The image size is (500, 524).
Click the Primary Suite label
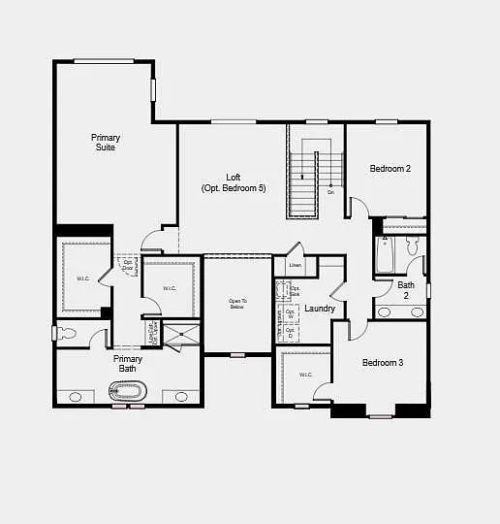[105, 143]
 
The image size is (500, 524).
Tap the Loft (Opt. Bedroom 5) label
[234, 182]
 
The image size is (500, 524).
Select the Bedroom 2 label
[391, 169]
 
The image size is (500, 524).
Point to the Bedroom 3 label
[382, 363]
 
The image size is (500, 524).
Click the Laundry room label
[320, 309]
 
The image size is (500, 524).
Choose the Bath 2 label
[406, 290]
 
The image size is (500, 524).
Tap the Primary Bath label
[128, 364]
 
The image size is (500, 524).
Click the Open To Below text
[237, 304]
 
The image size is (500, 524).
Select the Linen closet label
[296, 265]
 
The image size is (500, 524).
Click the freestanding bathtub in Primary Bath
[127, 392]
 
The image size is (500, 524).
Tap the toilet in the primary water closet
[65, 334]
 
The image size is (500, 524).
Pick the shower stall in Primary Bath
[181, 335]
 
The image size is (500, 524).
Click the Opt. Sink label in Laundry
[295, 290]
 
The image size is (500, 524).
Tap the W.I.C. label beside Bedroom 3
[305, 375]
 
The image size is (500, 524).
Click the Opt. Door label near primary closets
[127, 265]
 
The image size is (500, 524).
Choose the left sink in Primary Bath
[75, 397]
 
